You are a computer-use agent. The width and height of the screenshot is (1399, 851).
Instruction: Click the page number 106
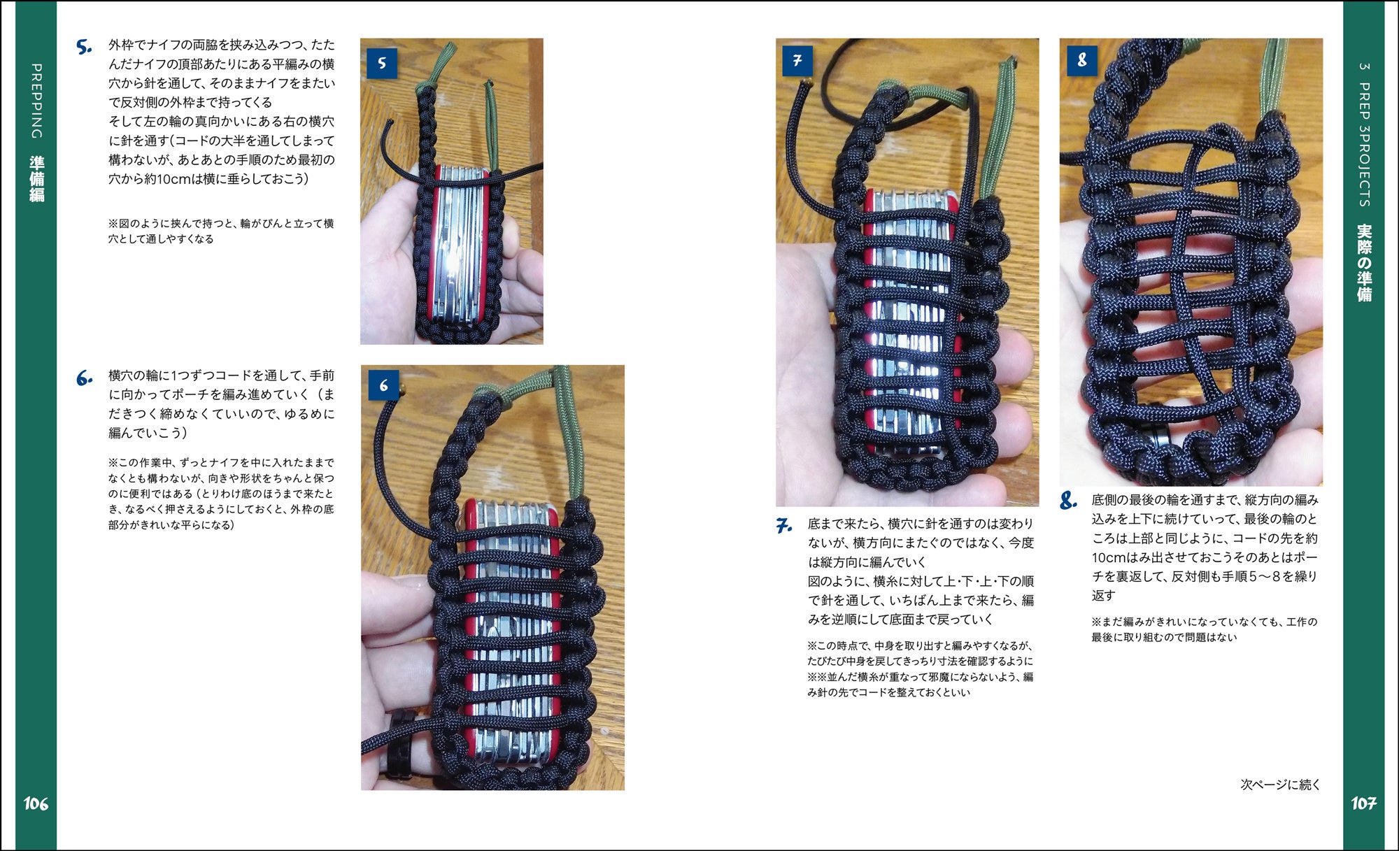[x=36, y=803]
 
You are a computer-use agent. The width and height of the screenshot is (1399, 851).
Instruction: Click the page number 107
[x=1363, y=803]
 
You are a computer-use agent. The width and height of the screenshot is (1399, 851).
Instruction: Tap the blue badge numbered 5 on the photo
[x=382, y=63]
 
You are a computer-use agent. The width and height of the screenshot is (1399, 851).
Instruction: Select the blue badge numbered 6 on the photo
[x=383, y=385]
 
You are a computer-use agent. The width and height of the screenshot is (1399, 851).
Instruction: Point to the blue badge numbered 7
[x=797, y=61]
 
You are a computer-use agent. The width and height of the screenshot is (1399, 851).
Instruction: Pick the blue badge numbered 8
[x=1081, y=60]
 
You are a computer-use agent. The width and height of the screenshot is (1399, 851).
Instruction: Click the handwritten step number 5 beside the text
[x=84, y=48]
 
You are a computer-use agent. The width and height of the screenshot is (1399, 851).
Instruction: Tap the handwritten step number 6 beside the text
[x=84, y=380]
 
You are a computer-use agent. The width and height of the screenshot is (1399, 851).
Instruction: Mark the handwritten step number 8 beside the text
[x=1068, y=501]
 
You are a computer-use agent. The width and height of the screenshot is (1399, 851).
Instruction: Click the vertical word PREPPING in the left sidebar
[x=36, y=101]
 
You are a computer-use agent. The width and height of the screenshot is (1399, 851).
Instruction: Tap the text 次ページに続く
[x=1280, y=785]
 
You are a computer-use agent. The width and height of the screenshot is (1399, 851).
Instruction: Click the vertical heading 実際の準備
[x=1364, y=263]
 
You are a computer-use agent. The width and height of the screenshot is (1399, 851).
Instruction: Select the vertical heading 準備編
[x=36, y=180]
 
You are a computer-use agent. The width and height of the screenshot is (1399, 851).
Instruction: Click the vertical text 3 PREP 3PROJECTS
[x=1364, y=134]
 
